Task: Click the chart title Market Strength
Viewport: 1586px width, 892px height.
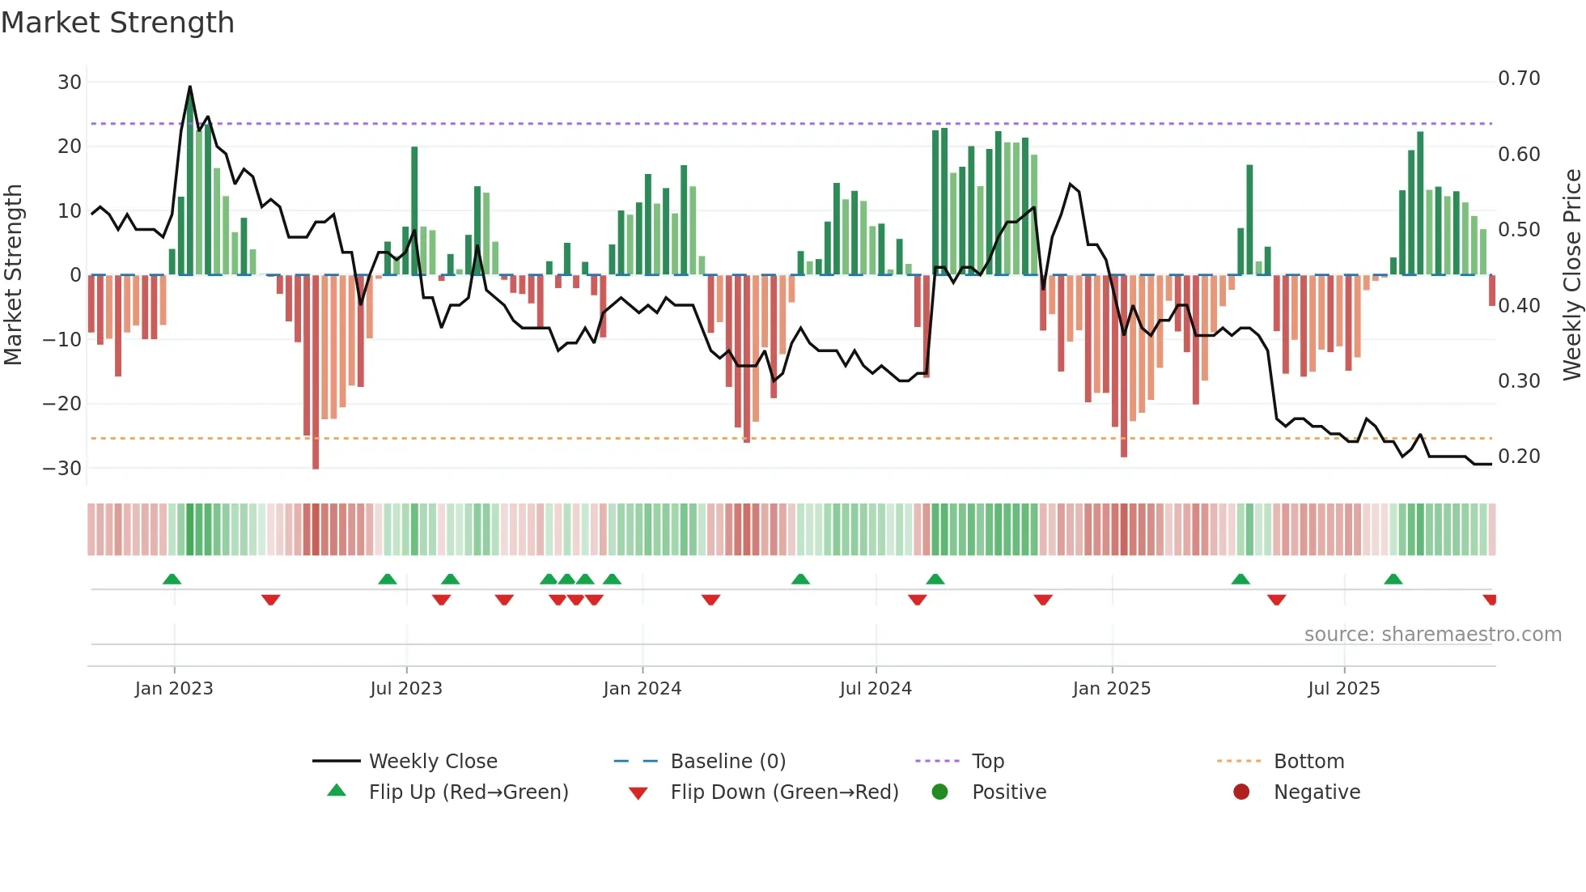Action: pos(117,23)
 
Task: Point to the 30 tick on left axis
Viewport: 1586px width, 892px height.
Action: pos(70,82)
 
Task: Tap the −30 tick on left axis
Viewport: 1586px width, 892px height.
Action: pos(62,468)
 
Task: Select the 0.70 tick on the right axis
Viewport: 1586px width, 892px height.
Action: pos(1519,79)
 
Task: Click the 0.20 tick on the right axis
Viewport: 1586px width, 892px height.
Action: pos(1519,457)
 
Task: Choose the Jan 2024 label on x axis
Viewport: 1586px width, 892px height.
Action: pos(642,689)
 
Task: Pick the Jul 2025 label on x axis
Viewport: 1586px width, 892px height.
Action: pos(1343,689)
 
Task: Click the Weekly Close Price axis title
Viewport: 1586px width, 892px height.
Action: pos(1571,275)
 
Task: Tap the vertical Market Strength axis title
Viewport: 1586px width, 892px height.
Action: pos(13,275)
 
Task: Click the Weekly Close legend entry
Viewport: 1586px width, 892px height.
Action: pos(433,762)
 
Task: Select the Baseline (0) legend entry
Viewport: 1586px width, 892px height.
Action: pos(727,762)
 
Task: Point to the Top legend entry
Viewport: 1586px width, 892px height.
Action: pos(987,762)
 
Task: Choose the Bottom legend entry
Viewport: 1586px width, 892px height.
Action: pos(1308,762)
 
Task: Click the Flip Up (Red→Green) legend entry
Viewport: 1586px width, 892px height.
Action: pos(468,792)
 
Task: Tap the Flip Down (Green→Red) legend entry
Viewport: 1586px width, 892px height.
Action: pos(784,792)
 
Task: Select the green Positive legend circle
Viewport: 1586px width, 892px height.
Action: pos(939,792)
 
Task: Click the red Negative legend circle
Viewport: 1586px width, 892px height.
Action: pos(1241,792)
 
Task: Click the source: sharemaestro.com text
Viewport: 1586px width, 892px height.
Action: pos(1432,635)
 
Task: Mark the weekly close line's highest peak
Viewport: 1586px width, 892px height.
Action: pos(190,87)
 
